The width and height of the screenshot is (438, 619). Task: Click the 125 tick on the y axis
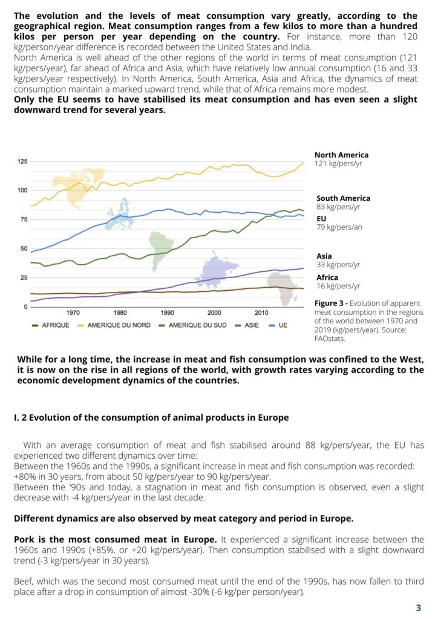22,161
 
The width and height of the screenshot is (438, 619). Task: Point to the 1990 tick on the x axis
168,313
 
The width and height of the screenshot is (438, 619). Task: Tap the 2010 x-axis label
261,313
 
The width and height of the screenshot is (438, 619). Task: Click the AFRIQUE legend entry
51,325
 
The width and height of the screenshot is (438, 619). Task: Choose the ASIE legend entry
247,325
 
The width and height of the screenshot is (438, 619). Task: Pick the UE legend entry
278,325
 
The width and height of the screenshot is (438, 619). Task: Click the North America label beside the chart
341,155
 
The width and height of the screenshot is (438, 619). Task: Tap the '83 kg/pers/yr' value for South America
338,207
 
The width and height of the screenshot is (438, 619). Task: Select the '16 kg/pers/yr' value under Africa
338,286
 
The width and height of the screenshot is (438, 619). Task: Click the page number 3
419,608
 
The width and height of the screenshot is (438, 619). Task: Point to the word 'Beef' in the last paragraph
22,581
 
